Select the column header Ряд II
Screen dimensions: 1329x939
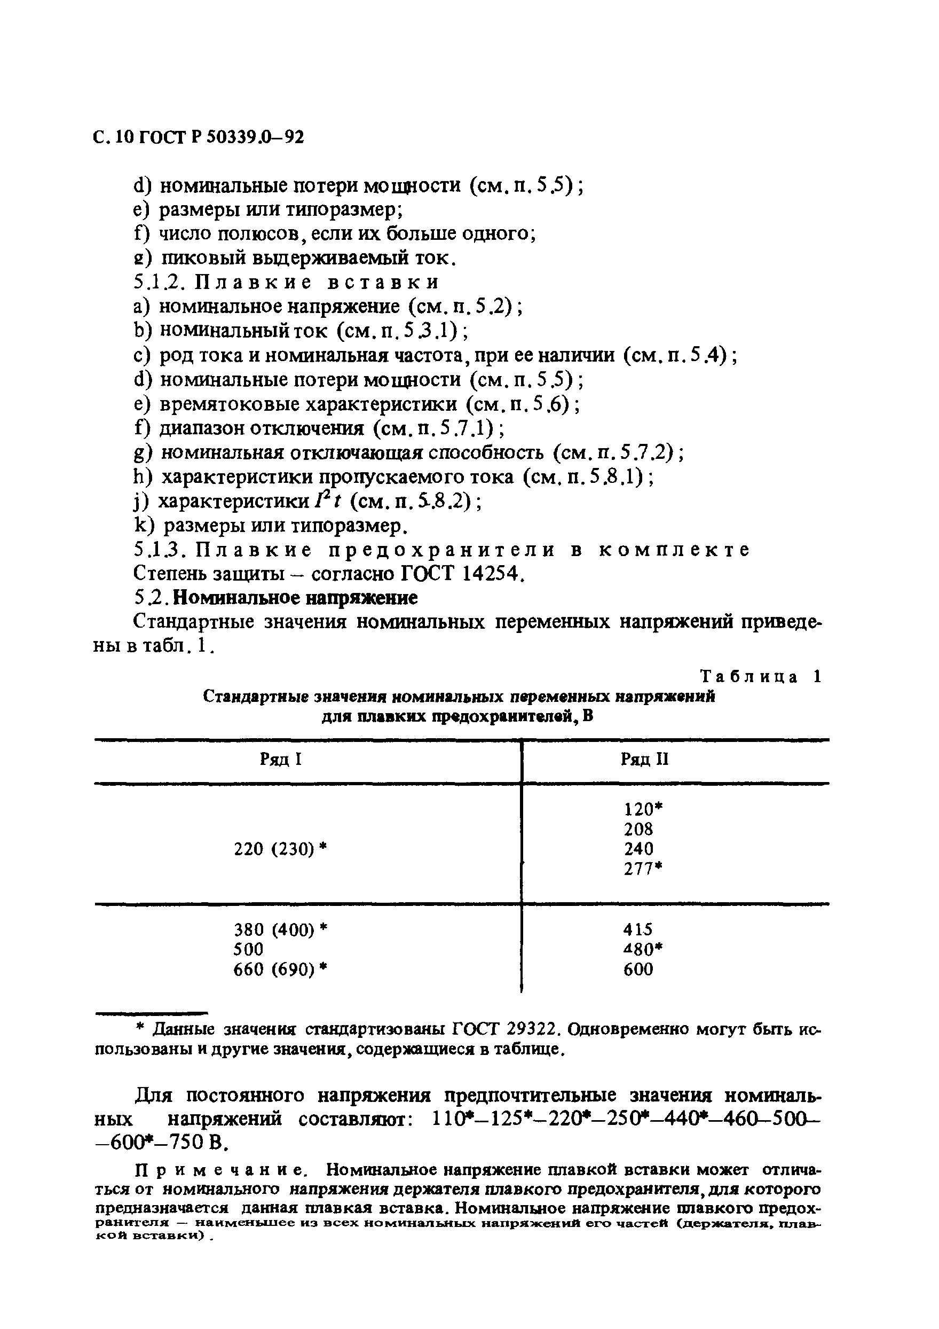[x=644, y=759]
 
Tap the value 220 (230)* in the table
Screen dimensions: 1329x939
[x=281, y=849]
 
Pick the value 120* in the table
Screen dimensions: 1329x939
[x=643, y=809]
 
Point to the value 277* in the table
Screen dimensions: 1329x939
[x=643, y=869]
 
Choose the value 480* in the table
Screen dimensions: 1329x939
[x=643, y=949]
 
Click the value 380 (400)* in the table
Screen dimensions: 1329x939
[x=281, y=929]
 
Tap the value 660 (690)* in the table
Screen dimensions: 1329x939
[x=281, y=969]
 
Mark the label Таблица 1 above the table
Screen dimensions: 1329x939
[x=761, y=677]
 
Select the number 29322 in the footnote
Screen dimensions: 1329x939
[x=533, y=1029]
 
